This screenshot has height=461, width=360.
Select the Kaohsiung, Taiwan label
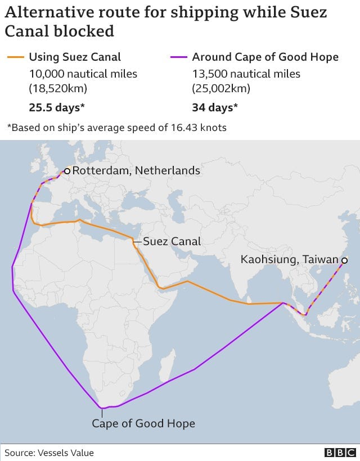tap(289, 260)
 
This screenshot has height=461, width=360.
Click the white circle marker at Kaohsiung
tap(343, 260)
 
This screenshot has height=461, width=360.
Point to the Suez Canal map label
tap(172, 242)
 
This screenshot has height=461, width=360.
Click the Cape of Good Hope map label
tap(143, 423)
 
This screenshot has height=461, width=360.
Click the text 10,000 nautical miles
tap(83, 74)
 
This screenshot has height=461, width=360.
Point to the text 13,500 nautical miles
tap(246, 74)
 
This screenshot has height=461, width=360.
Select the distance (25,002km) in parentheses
tap(221, 88)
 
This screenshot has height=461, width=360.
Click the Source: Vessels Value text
tap(49, 453)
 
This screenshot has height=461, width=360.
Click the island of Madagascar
tap(164, 369)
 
